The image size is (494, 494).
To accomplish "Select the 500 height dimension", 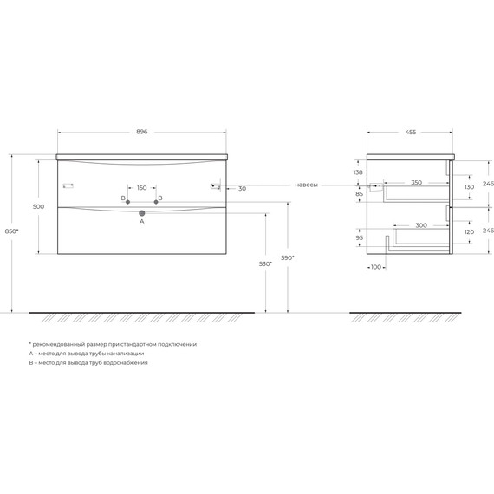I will [x=37, y=207].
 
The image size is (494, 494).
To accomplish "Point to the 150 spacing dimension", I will [x=141, y=187].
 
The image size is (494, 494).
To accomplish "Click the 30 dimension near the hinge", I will [x=242, y=188].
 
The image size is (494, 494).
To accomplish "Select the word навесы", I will [x=306, y=185].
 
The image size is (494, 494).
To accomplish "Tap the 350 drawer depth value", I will [x=416, y=183].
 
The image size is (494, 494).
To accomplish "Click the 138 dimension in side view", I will [x=358, y=172].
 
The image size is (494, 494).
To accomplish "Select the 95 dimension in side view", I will [x=358, y=237].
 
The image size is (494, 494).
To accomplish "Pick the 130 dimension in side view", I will [x=469, y=187].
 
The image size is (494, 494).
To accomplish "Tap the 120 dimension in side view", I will [x=469, y=233].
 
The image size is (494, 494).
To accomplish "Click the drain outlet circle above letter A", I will [x=141, y=212].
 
